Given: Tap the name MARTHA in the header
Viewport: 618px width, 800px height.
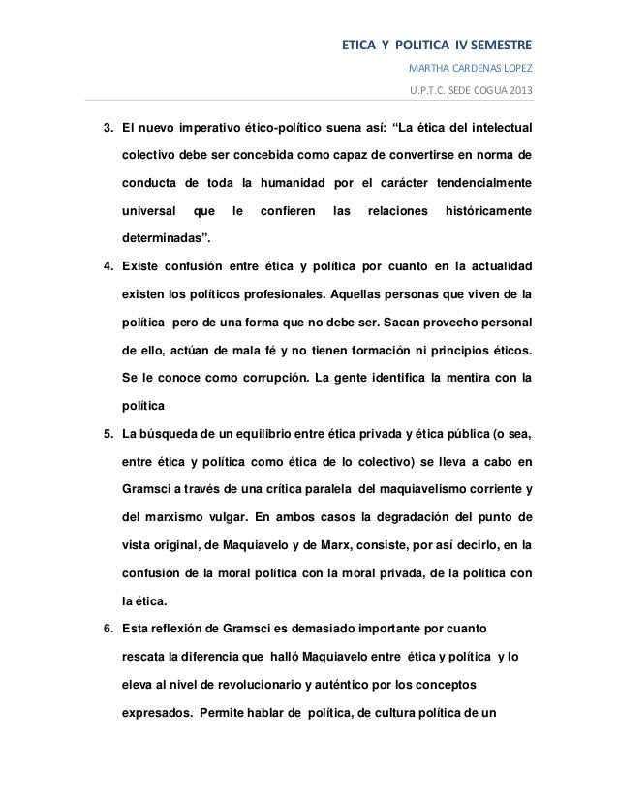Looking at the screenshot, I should pyautogui.click(x=429, y=70).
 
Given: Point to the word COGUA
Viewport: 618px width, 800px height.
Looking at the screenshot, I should pyautogui.click(x=479, y=92).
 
